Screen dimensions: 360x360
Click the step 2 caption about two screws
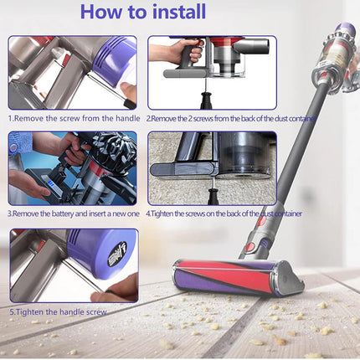(231, 119)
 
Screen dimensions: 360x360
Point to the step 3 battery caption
(75, 214)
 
